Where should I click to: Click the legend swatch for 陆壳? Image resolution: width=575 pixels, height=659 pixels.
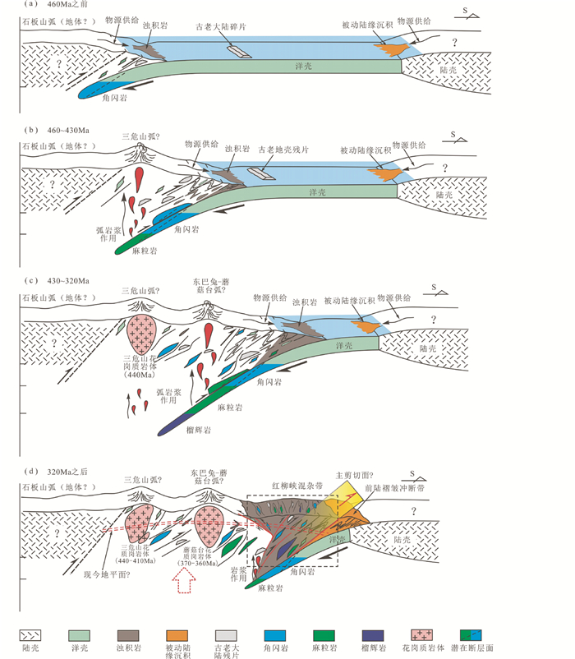34,636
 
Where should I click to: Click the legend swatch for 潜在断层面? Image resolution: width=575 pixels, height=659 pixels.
474,636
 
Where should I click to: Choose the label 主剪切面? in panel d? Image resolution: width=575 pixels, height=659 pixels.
353,475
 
